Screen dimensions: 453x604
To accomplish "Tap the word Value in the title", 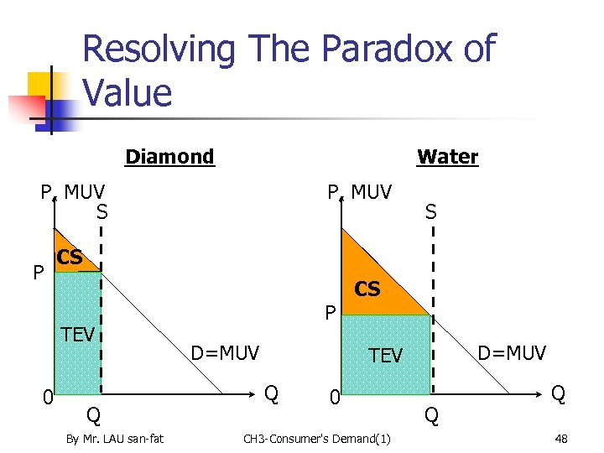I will (x=128, y=91).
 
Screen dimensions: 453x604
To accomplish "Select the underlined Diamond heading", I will (x=169, y=157).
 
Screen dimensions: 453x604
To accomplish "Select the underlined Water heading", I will (x=448, y=157).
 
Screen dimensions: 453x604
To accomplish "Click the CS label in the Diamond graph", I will (x=69, y=258).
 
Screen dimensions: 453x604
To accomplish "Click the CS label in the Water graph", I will (x=367, y=289).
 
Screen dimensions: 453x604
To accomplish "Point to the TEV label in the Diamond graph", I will (x=78, y=336).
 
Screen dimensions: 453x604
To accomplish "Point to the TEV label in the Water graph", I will (x=386, y=356).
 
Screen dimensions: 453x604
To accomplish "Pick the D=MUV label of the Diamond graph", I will (x=226, y=353).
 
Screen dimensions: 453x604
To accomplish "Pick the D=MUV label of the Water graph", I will (x=512, y=353).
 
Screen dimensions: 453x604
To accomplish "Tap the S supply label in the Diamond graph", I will (x=102, y=213).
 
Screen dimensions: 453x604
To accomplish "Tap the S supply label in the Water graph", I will (x=430, y=213).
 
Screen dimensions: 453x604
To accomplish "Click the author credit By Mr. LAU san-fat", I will (x=115, y=438).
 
